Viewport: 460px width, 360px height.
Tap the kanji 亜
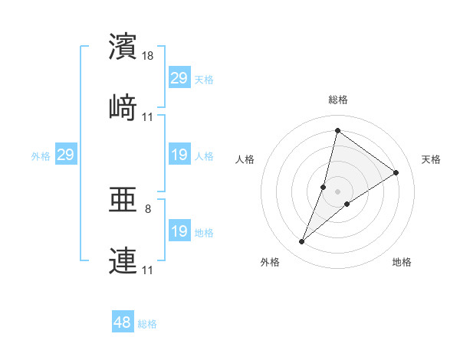pyautogui.click(x=123, y=201)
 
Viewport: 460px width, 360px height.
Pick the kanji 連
pyautogui.click(x=123, y=260)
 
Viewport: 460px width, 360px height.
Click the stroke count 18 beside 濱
pyautogui.click(x=149, y=56)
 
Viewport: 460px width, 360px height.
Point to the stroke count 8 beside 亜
pyautogui.click(x=148, y=208)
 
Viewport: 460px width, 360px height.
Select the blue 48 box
pyautogui.click(x=122, y=322)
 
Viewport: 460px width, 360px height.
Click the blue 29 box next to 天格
pyautogui.click(x=179, y=78)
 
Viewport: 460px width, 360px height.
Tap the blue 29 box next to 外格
pyautogui.click(x=65, y=155)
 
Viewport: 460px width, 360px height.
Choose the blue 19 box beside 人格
pyautogui.click(x=179, y=155)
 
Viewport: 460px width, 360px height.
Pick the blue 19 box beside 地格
pyautogui.click(x=179, y=231)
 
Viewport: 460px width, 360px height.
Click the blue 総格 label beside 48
pyautogui.click(x=147, y=324)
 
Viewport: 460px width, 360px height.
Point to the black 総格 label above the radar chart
pyautogui.click(x=338, y=100)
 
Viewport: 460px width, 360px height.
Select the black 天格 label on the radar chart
pyautogui.click(x=431, y=159)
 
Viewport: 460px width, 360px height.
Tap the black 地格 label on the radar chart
pyautogui.click(x=402, y=262)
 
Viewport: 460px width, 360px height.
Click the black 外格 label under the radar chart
pyautogui.click(x=270, y=262)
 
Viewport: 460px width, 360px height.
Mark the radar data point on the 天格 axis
pyautogui.click(x=396, y=172)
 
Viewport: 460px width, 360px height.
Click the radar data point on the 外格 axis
pyautogui.click(x=302, y=242)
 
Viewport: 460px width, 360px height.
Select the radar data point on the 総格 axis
pyautogui.click(x=337, y=130)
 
